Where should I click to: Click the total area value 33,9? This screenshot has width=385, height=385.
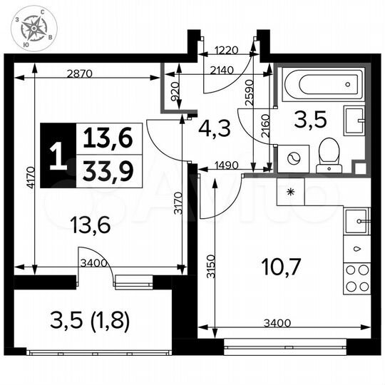click(x=108, y=170)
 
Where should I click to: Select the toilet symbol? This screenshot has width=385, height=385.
click(x=329, y=154)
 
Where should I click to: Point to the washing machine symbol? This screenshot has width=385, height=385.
click(x=294, y=158)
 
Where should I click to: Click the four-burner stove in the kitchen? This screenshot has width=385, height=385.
click(x=356, y=278)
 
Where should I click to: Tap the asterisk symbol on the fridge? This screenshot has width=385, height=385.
click(x=290, y=192)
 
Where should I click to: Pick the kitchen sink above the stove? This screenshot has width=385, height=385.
click(x=356, y=222)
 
